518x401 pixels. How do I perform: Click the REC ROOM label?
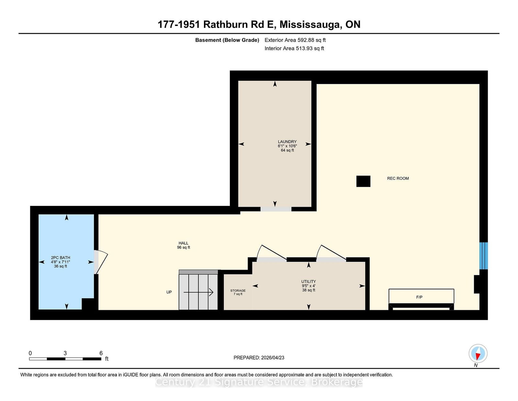coord(398,178)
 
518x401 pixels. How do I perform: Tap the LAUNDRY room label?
coord(287,142)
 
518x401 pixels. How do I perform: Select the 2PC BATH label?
coord(61,258)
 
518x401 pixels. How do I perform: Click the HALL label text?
coord(183,243)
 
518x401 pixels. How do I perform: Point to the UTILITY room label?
coord(309,281)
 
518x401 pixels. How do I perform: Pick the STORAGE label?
coord(238,290)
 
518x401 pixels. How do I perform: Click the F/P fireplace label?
coord(419,297)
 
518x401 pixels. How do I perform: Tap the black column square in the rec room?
coord(363,181)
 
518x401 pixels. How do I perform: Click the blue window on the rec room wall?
coord(483,256)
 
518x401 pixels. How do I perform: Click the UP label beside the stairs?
coord(169,292)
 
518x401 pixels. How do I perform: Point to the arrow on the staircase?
coord(198,292)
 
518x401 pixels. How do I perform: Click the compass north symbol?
coord(478,354)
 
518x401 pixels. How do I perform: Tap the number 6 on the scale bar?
coord(101,353)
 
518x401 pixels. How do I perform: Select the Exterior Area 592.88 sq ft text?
coord(295,40)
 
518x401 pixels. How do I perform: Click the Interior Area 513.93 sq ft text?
coord(294,48)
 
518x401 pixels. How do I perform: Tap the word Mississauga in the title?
coord(310,25)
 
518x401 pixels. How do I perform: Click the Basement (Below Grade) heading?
coord(227,40)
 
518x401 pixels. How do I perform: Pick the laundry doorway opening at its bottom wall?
coord(276,209)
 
